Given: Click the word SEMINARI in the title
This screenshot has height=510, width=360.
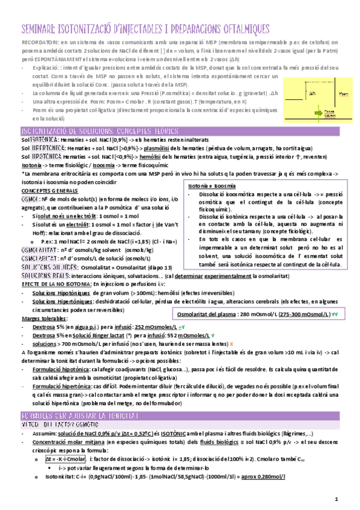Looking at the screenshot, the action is point(38,29).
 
